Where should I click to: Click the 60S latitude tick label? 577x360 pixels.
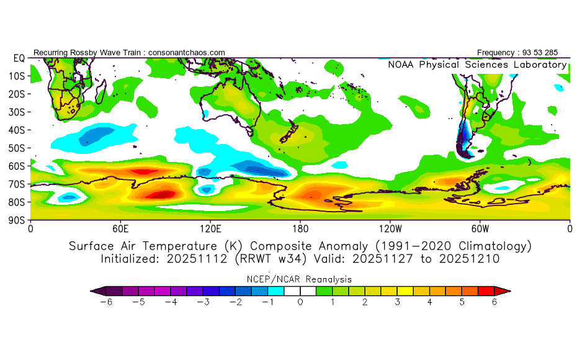(x=16, y=166)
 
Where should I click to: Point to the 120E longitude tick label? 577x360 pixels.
(x=210, y=228)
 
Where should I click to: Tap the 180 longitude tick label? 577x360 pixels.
(x=300, y=228)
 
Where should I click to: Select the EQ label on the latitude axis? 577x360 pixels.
(x=18, y=58)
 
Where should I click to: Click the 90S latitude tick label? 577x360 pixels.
(x=16, y=220)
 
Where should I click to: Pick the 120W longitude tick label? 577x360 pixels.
(x=390, y=228)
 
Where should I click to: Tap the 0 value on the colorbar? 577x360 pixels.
(x=300, y=302)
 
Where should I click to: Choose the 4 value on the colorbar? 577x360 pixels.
(x=429, y=302)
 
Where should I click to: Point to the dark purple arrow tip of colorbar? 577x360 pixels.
(x=96, y=290)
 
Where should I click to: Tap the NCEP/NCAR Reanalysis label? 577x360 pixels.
(x=300, y=279)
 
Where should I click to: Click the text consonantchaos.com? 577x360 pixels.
(x=187, y=52)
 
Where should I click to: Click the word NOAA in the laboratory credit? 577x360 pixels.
(x=402, y=65)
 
